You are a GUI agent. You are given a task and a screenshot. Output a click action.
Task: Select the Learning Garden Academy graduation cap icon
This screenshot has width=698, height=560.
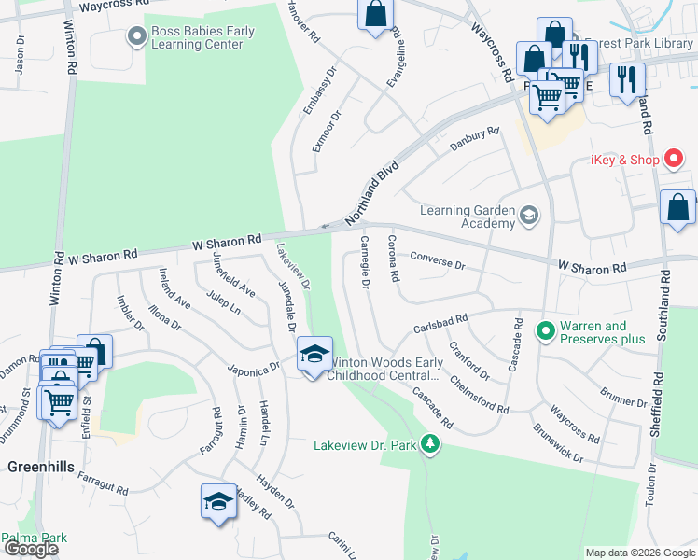[529, 216]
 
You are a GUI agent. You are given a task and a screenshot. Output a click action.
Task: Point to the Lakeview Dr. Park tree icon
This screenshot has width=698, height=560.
[429, 444]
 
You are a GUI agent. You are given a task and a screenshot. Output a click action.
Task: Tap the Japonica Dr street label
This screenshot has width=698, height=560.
[254, 367]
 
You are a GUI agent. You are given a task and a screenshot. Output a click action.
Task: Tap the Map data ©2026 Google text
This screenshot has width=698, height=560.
[640, 553]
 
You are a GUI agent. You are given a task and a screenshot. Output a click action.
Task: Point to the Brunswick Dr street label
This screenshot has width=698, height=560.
[558, 444]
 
